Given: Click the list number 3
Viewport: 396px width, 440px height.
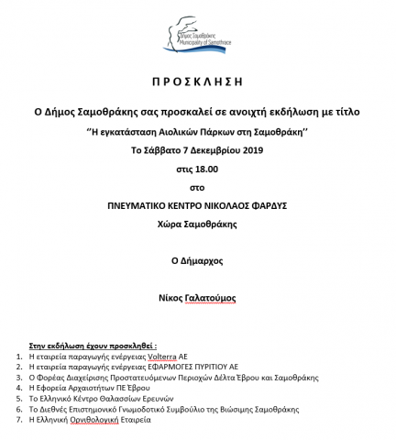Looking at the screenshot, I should point(20,376).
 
